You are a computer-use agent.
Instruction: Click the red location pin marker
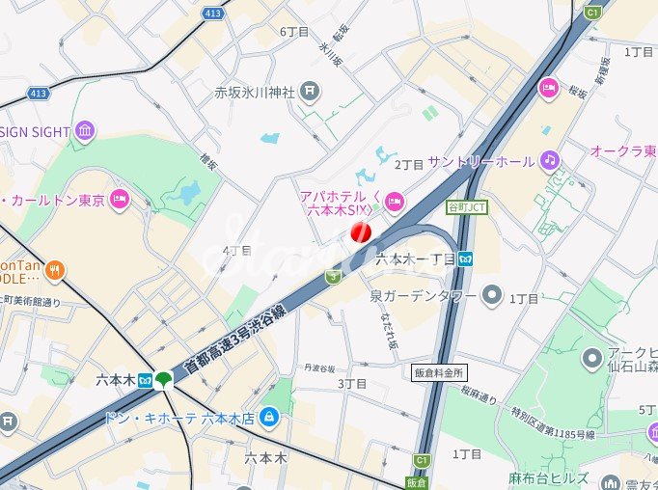point(361,231)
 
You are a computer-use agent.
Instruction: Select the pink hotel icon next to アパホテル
point(394,201)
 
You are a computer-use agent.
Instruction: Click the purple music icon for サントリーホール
point(549,159)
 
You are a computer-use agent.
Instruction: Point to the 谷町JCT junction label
point(468,207)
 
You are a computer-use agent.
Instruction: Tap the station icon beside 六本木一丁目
point(466,259)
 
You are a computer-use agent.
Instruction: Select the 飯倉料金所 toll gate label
point(439,372)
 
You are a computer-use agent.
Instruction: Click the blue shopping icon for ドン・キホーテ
point(269,417)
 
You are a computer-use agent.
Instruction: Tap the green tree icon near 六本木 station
point(165,379)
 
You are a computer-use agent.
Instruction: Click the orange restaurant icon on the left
point(56,270)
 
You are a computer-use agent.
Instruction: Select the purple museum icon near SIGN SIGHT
point(84,131)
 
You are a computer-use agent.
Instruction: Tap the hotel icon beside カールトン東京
point(119,200)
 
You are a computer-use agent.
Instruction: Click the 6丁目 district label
point(294,32)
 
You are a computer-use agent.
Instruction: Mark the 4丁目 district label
point(236,251)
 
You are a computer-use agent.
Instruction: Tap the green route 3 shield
point(334,276)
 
